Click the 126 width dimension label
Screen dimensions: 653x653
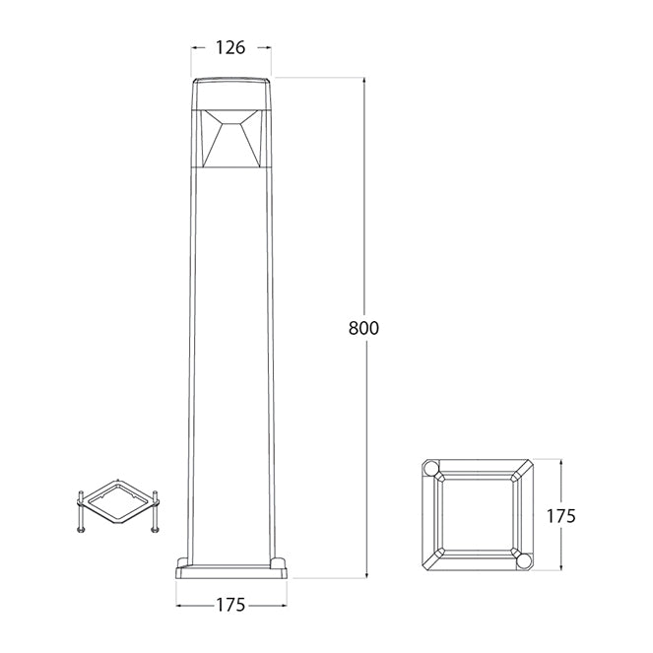click(230, 48)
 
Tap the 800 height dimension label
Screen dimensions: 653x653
click(363, 328)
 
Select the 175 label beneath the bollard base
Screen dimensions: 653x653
click(230, 605)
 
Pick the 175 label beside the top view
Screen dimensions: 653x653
click(560, 516)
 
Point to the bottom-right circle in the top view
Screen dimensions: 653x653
click(524, 561)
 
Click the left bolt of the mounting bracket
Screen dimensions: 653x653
click(81, 511)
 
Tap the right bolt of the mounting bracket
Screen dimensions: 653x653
click(155, 511)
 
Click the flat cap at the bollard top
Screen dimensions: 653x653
click(231, 94)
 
